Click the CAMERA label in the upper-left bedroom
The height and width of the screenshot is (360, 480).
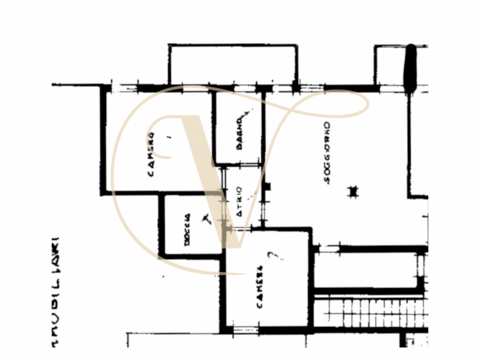coord(151,155)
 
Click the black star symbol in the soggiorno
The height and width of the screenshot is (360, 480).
coord(353,191)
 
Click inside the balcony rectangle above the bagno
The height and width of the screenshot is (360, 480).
coord(233,65)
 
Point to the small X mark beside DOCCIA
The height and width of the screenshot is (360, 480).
coord(206,218)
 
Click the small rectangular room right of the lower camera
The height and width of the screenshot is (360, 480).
coord(366,269)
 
